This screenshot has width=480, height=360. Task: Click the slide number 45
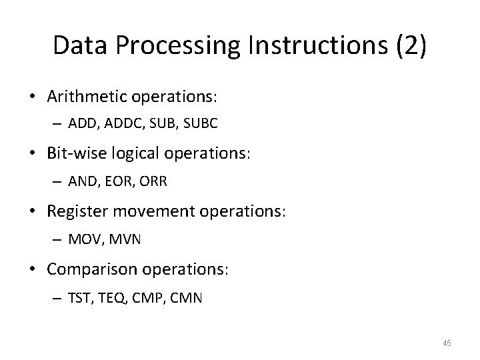[x=447, y=343]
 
